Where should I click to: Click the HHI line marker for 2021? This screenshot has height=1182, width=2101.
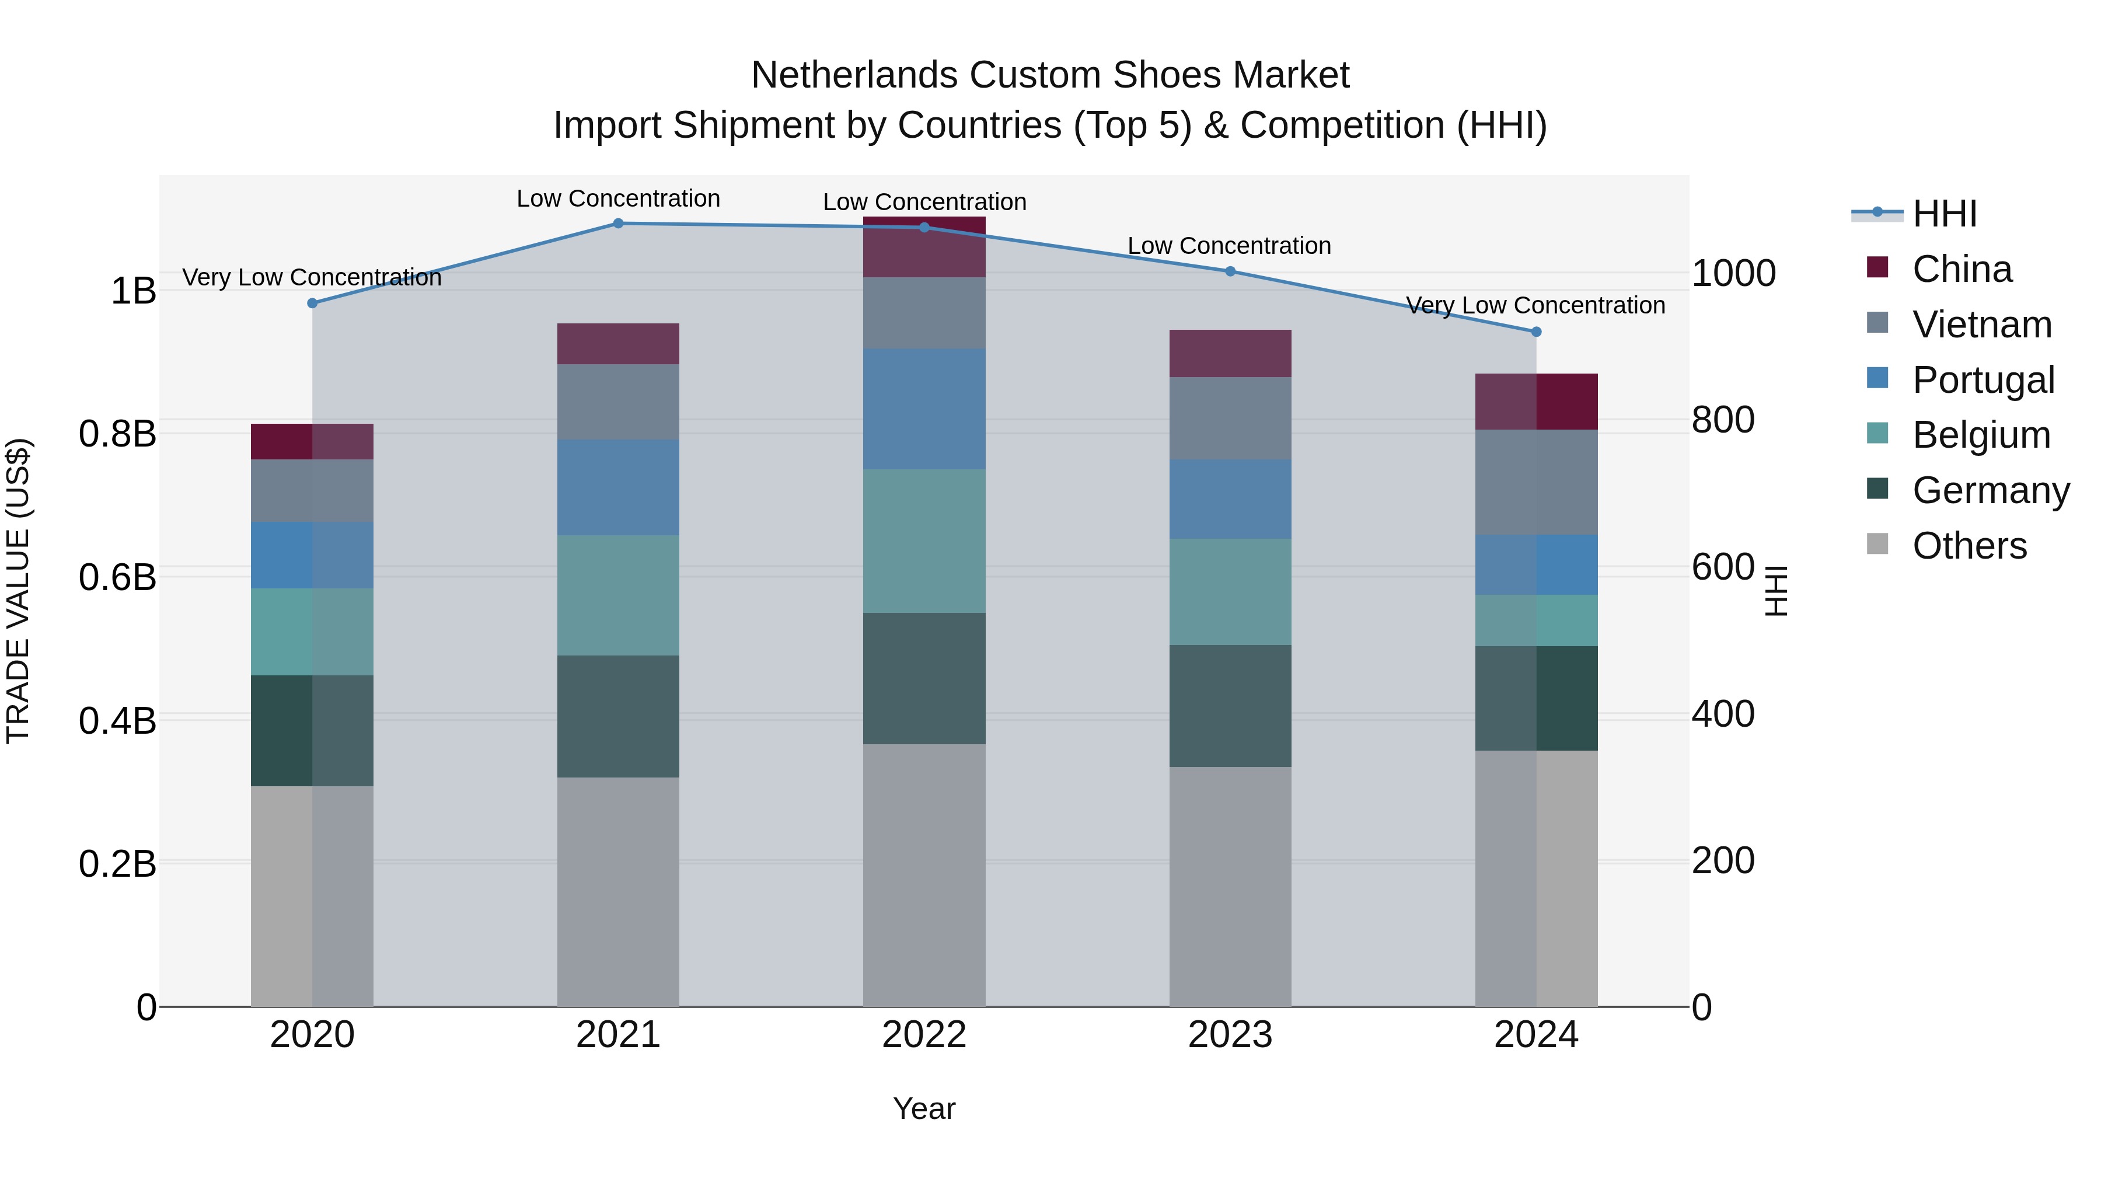[x=617, y=224]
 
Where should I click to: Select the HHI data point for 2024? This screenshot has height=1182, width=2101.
[x=1536, y=332]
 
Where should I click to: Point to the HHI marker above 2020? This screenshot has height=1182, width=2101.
[x=312, y=304]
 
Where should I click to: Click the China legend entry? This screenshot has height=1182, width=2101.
[x=1961, y=269]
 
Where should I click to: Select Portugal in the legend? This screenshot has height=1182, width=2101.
[x=1982, y=380]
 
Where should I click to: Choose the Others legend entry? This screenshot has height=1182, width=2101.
[x=1969, y=546]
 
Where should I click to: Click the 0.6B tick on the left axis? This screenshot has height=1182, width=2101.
[x=117, y=577]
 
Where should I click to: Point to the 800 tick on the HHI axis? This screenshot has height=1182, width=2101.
[x=1723, y=420]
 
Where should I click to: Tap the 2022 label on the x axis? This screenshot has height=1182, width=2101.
[x=924, y=1035]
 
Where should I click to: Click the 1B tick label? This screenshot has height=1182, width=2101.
[x=133, y=291]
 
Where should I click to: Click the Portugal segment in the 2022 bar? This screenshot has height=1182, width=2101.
[x=924, y=409]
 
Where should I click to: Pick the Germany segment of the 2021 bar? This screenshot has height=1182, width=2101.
[x=617, y=716]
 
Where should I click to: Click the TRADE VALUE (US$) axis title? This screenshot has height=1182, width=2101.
[x=18, y=591]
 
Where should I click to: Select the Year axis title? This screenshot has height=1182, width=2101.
[x=924, y=1108]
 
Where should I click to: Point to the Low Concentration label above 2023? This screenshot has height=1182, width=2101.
[x=1229, y=246]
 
